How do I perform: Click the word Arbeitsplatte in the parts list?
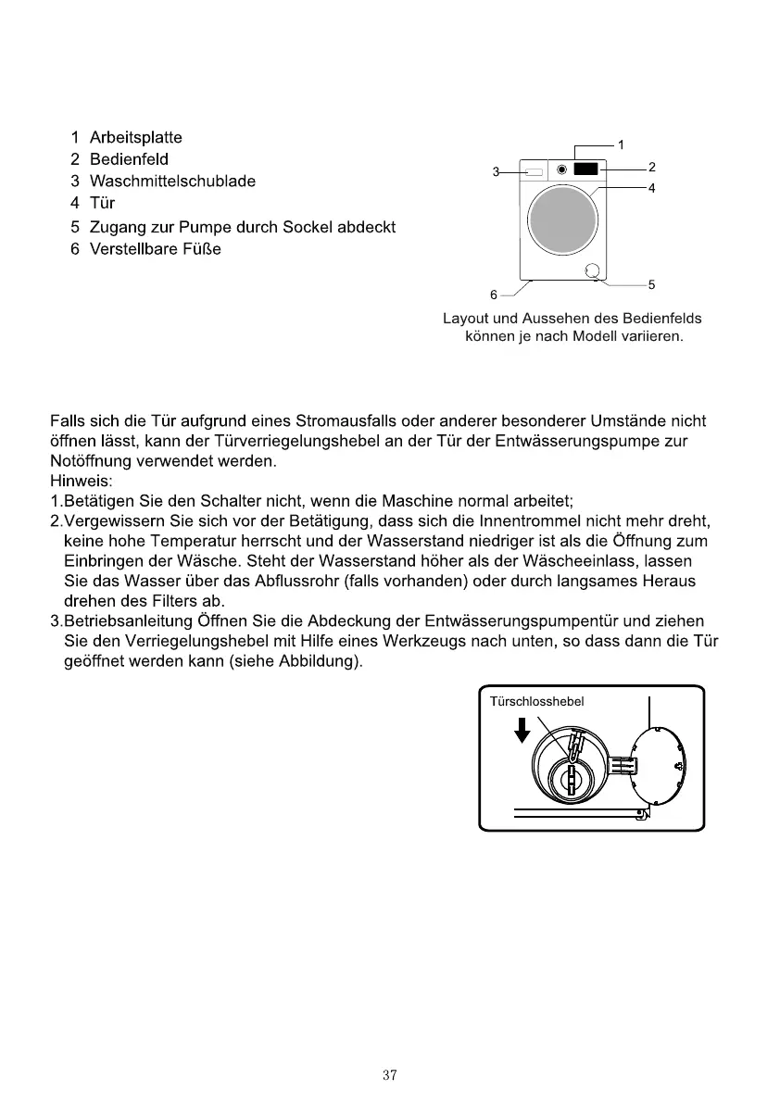tap(135, 139)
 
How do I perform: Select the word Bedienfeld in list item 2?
tap(129, 160)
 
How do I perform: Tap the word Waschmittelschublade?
tap(171, 182)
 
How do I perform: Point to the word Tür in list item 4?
tap(102, 203)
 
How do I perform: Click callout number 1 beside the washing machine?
tap(621, 144)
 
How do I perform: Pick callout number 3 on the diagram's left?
tap(496, 171)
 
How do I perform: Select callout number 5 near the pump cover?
tap(652, 284)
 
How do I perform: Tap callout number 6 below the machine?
tap(494, 295)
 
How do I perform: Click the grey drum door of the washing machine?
tap(561, 220)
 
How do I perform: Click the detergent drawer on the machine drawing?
tap(535, 171)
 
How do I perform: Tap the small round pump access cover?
tap(593, 270)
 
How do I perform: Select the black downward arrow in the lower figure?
tap(522, 730)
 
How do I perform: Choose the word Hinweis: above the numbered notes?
tap(81, 481)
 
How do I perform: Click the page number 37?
tap(390, 1075)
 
